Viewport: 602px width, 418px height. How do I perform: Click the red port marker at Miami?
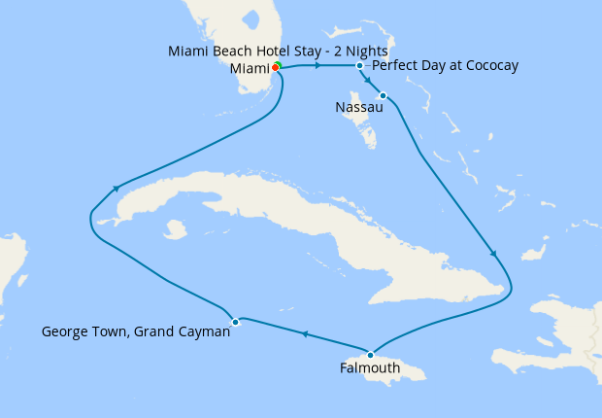(275, 67)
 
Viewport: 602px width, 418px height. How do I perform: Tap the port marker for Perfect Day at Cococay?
(360, 66)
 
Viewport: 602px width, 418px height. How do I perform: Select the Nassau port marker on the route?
(384, 95)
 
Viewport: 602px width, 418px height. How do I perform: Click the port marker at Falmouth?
(370, 354)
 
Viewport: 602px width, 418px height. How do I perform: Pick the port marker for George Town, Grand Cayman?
(235, 321)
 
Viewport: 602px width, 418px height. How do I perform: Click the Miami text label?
(250, 68)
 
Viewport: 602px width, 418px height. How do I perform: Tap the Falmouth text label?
(369, 368)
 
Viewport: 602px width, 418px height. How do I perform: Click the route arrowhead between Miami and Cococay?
(318, 65)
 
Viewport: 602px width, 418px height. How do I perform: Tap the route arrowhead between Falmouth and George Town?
(305, 334)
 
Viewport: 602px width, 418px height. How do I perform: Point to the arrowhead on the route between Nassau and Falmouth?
(494, 254)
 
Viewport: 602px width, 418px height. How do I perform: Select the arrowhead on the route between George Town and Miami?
(117, 189)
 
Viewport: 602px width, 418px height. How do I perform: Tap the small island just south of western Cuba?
(176, 230)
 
